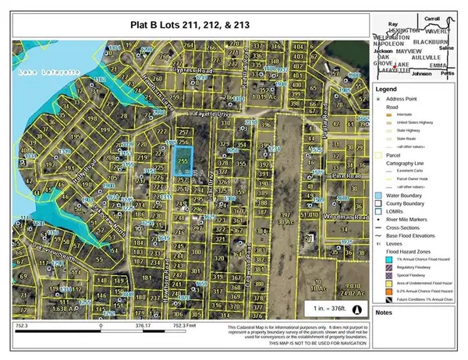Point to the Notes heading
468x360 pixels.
tap(385, 312)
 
